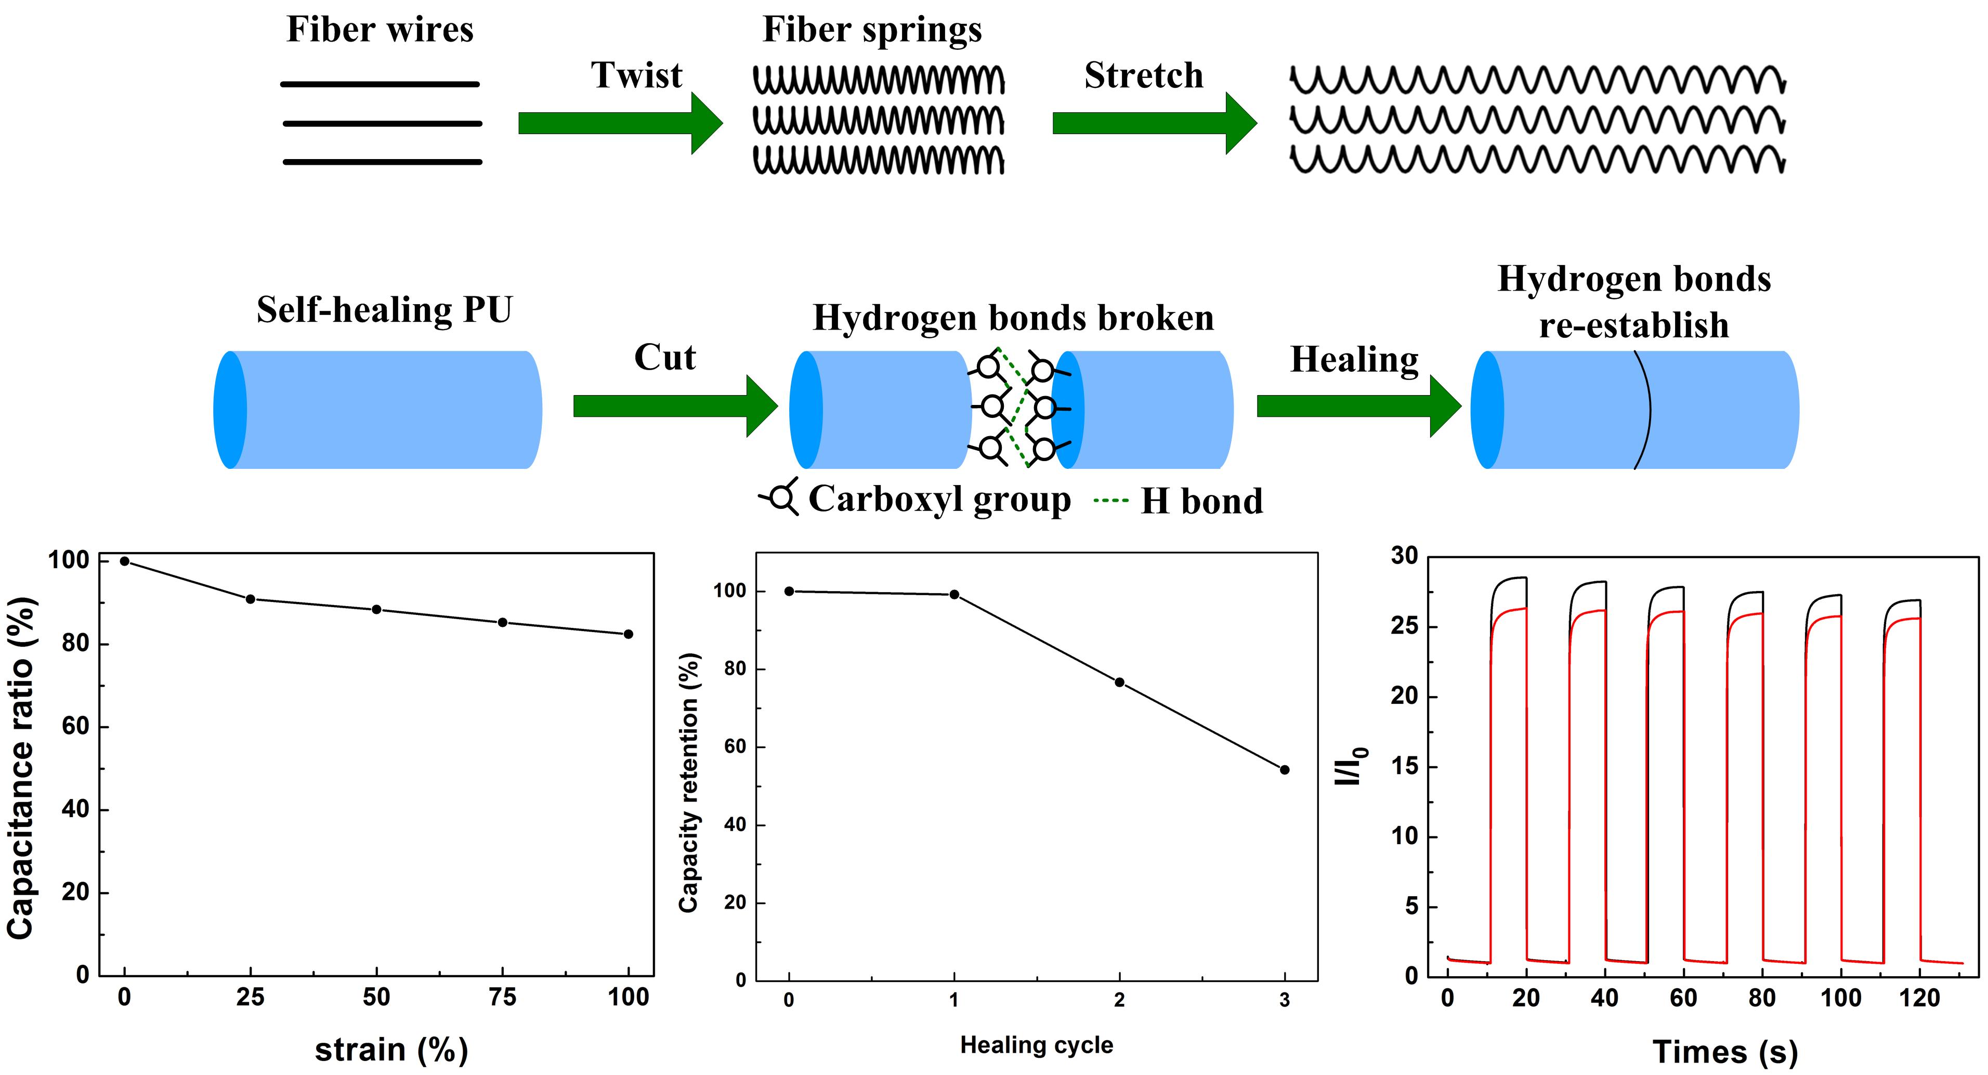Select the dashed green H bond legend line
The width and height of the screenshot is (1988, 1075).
click(1111, 501)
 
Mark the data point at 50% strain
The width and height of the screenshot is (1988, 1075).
click(376, 610)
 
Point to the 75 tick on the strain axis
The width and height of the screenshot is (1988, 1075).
click(502, 998)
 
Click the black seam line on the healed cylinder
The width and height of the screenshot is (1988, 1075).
click(1649, 409)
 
